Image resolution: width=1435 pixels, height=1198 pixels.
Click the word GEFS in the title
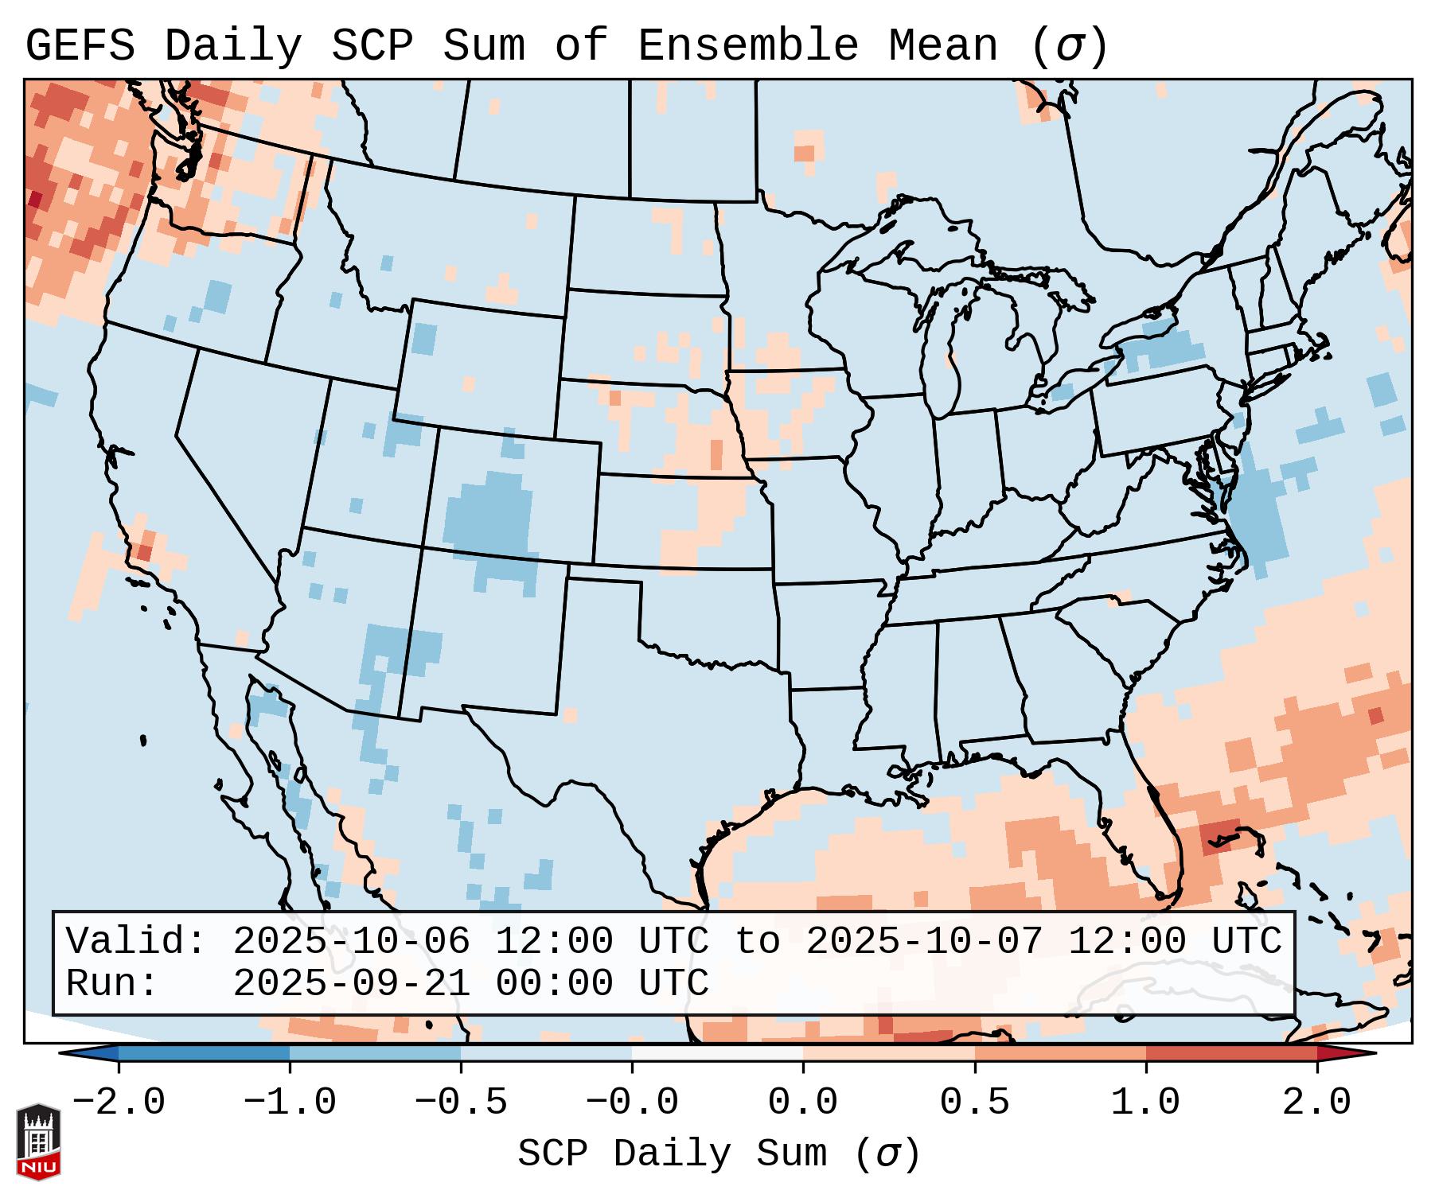pyautogui.click(x=80, y=46)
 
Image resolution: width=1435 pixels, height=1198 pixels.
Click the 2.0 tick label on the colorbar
pyautogui.click(x=1316, y=1103)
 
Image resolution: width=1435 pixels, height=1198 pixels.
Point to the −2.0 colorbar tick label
pyautogui.click(x=119, y=1103)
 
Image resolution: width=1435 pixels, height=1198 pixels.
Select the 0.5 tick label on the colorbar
pyautogui.click(x=974, y=1103)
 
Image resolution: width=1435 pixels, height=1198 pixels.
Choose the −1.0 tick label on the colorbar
pyautogui.click(x=290, y=1103)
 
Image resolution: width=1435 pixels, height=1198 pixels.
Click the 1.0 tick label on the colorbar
pyautogui.click(x=1145, y=1103)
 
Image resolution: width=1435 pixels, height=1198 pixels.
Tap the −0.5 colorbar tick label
pyautogui.click(x=461, y=1103)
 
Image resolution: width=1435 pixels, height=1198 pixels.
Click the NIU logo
pyautogui.click(x=38, y=1142)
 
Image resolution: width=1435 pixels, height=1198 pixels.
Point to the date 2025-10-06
pyautogui.click(x=352, y=942)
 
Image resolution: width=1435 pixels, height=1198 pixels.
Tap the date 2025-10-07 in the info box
pyautogui.click(x=924, y=942)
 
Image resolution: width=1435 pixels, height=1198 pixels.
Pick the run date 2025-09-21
pyautogui.click(x=352, y=984)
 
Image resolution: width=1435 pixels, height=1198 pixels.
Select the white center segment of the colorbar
pyautogui.click(x=717, y=1053)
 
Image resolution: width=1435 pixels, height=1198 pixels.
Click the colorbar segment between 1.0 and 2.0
pyautogui.click(x=1231, y=1053)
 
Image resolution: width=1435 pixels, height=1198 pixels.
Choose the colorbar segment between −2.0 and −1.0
pyautogui.click(x=204, y=1053)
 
